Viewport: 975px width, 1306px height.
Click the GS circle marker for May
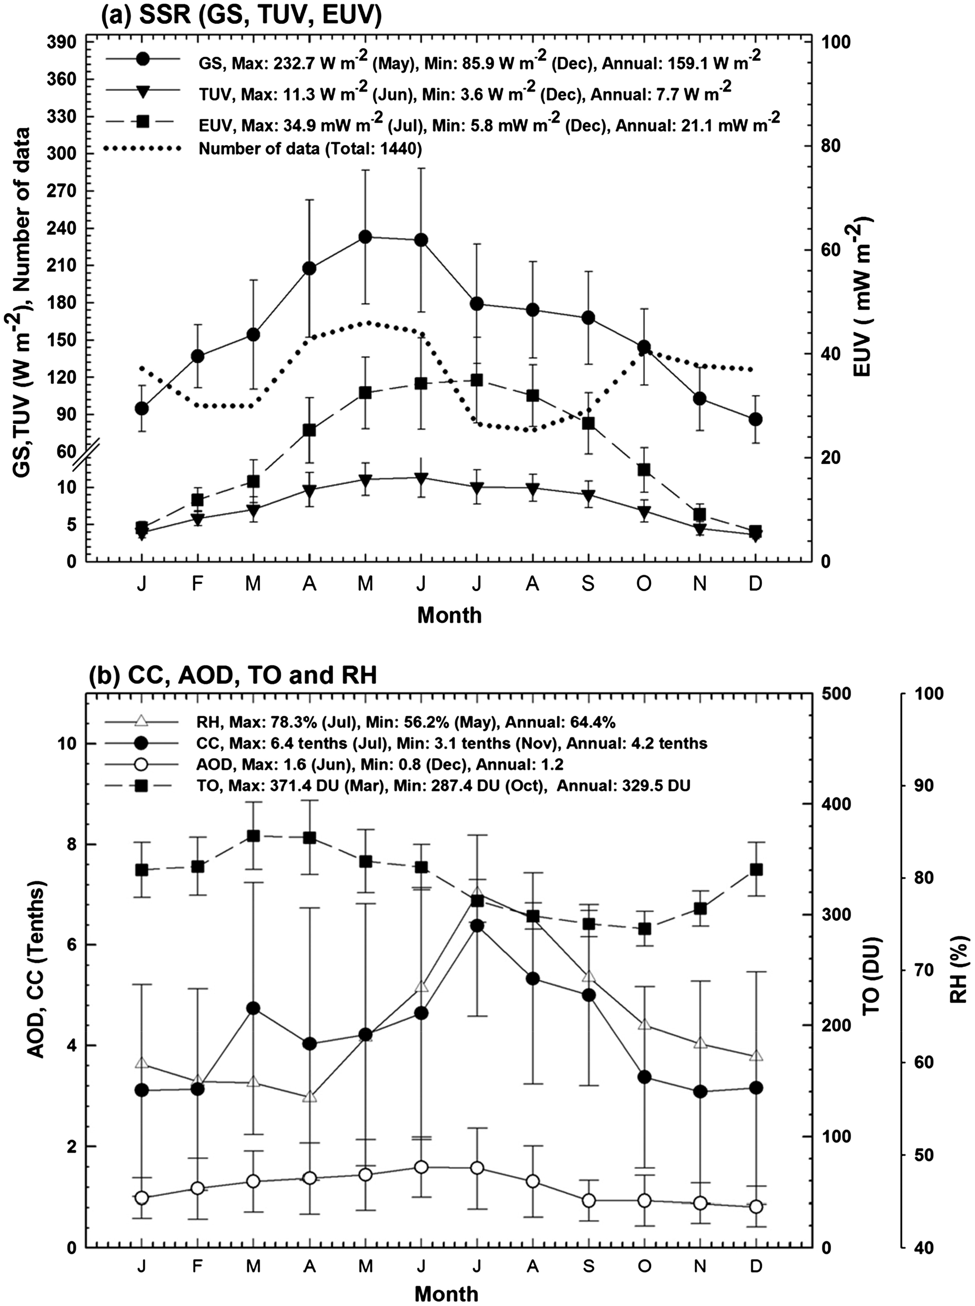point(365,237)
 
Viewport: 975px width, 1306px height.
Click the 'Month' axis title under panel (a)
point(449,615)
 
